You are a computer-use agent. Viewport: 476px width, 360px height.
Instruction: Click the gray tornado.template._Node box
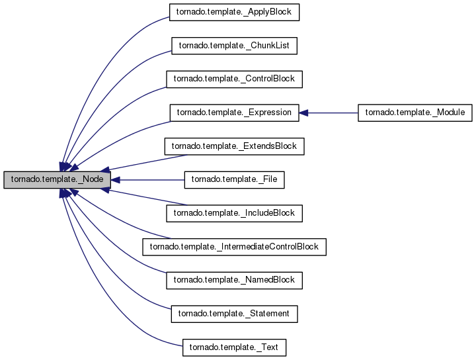point(56,179)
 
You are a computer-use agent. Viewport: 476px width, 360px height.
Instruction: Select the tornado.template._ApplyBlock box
point(235,11)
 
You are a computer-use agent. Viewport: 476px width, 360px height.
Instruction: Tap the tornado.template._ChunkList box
point(235,45)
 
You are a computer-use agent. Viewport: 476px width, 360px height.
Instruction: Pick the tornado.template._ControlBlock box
point(235,79)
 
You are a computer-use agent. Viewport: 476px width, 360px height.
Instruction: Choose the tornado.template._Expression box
point(235,112)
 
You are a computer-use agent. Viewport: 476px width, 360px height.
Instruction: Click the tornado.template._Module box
point(415,112)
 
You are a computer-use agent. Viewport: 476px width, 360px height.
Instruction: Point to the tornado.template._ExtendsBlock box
point(235,146)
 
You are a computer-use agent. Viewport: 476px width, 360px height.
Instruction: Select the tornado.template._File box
point(235,179)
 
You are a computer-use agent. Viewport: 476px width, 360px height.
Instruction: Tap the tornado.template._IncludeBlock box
point(235,213)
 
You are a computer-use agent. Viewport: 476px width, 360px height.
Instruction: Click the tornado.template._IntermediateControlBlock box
point(235,247)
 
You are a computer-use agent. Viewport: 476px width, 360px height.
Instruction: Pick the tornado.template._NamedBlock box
point(235,281)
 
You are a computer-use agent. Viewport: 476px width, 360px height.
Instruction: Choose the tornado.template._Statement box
point(235,314)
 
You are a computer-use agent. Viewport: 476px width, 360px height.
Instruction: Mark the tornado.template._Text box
point(235,347)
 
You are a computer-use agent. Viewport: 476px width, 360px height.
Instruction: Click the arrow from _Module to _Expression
point(331,112)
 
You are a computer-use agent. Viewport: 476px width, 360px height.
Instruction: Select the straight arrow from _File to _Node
point(149,179)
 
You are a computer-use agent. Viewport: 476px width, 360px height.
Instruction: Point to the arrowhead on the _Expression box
point(303,112)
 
